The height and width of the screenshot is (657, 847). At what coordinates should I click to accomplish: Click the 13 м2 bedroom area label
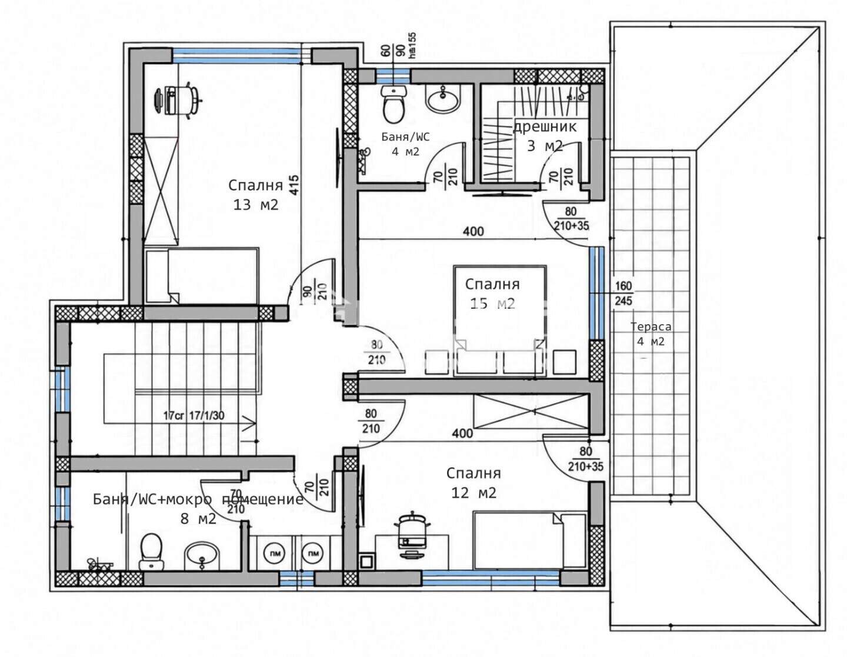[x=256, y=205]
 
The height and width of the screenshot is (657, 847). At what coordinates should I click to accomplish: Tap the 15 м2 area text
[x=492, y=303]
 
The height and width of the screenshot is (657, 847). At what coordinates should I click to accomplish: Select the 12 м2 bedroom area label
[x=473, y=493]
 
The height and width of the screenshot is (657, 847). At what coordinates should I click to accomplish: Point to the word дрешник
[x=544, y=126]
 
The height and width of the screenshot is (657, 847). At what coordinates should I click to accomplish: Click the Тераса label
[x=651, y=326]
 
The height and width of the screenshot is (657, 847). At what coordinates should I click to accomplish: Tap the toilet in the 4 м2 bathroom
[x=394, y=105]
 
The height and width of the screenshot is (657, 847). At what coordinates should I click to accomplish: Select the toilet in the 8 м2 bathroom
[x=151, y=552]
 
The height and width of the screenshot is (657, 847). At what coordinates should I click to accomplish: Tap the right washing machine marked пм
[x=312, y=553]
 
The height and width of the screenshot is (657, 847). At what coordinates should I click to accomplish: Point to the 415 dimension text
[x=294, y=185]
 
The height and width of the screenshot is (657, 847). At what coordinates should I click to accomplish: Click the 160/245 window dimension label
[x=623, y=293]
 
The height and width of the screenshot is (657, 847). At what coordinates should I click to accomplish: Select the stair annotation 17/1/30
[x=206, y=415]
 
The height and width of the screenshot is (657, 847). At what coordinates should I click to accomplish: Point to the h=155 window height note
[x=412, y=45]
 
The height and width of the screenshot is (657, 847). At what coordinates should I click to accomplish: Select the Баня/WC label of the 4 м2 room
[x=405, y=137]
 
